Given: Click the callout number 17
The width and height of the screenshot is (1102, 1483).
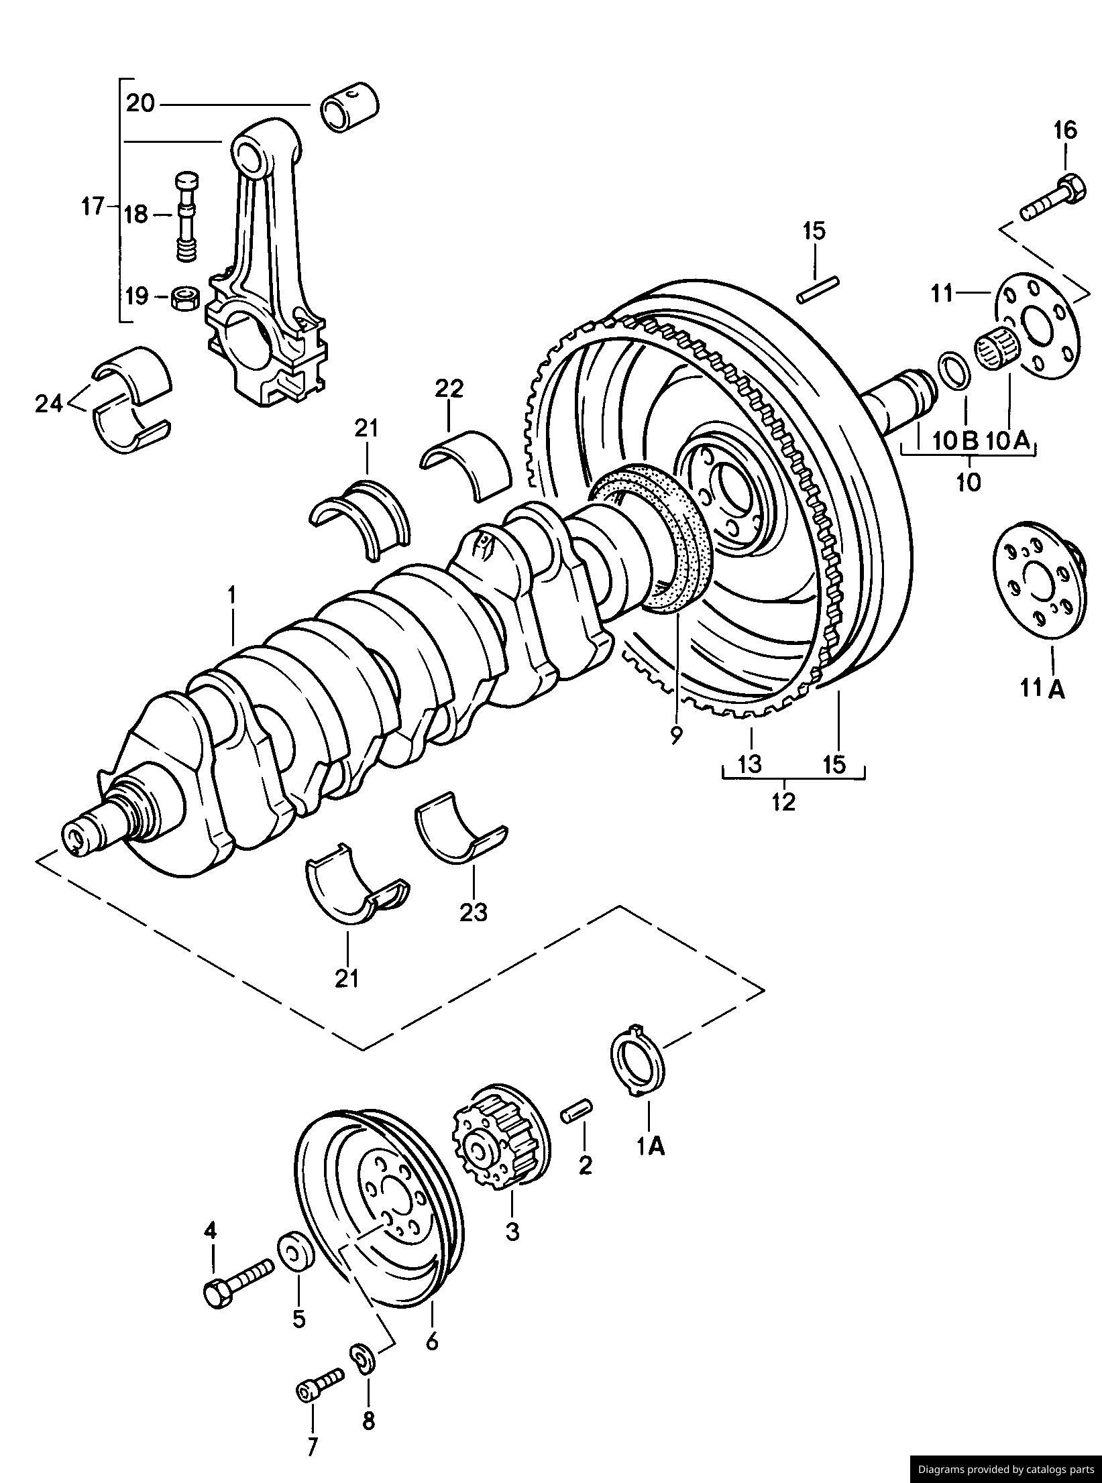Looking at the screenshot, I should click(93, 206).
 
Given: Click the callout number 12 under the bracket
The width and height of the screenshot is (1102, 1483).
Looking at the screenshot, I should click(783, 801).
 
